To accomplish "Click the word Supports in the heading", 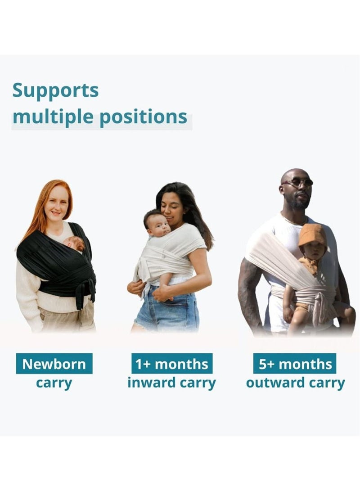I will coord(55,91).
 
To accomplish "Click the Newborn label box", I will coord(54,364).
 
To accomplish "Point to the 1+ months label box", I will coord(172,364).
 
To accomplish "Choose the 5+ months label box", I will coord(295,364).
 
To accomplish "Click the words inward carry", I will coord(171,383).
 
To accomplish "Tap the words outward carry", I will coord(295,383).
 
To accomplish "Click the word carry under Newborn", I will coord(54,383).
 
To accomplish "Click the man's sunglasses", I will coord(298,182).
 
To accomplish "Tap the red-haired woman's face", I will coord(57,205).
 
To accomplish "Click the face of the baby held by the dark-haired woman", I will coord(158,227).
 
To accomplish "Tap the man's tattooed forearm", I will coord(250,293).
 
